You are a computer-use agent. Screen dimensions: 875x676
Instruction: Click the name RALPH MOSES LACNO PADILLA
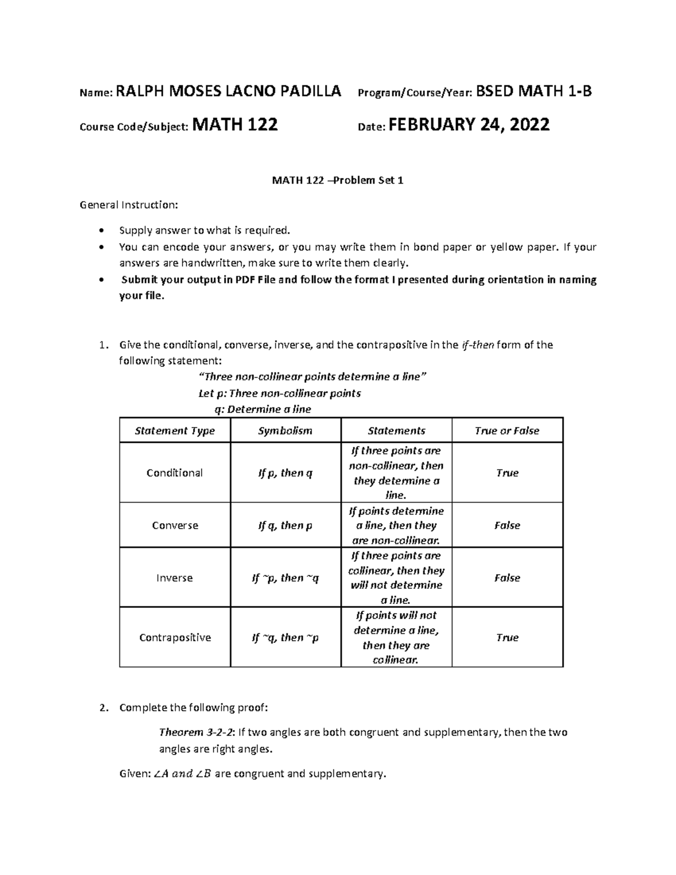[228, 91]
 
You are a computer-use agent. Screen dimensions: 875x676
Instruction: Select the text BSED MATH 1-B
[534, 91]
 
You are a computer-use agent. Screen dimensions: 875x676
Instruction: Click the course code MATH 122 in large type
[235, 125]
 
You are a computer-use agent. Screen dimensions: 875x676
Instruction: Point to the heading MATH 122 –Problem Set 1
[338, 181]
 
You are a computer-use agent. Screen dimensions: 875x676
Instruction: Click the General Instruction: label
[128, 205]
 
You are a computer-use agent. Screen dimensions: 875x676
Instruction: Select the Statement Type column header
[175, 431]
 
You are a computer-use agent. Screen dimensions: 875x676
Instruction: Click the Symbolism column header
[285, 431]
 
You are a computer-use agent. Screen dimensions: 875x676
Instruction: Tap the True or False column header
[507, 431]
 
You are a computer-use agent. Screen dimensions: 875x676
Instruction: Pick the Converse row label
[175, 526]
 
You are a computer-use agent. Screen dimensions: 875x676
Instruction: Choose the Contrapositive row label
[175, 638]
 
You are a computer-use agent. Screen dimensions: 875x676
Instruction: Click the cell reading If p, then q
[285, 473]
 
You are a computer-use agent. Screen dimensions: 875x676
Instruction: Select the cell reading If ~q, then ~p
[285, 638]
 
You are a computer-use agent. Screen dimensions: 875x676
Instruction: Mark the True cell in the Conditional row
[507, 473]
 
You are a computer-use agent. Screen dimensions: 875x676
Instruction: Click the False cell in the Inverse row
[507, 578]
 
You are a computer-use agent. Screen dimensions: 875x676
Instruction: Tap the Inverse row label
[175, 578]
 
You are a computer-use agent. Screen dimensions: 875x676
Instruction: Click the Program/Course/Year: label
[416, 92]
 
